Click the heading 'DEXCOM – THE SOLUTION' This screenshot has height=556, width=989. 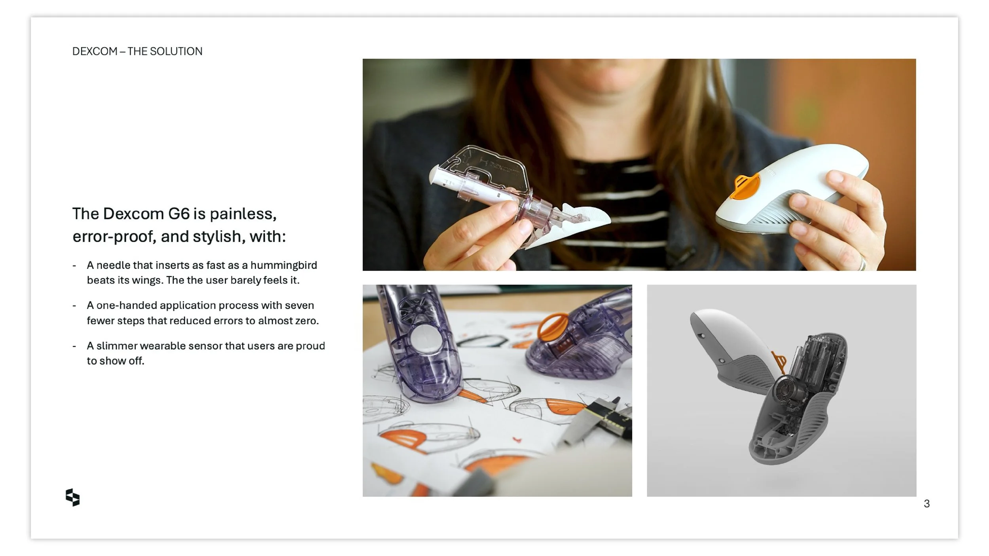(x=137, y=51)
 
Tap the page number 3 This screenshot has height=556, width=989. (x=926, y=503)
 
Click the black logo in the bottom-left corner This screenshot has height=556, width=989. (x=73, y=497)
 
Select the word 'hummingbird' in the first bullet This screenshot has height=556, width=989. (x=284, y=265)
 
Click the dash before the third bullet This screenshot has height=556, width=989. (x=74, y=346)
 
